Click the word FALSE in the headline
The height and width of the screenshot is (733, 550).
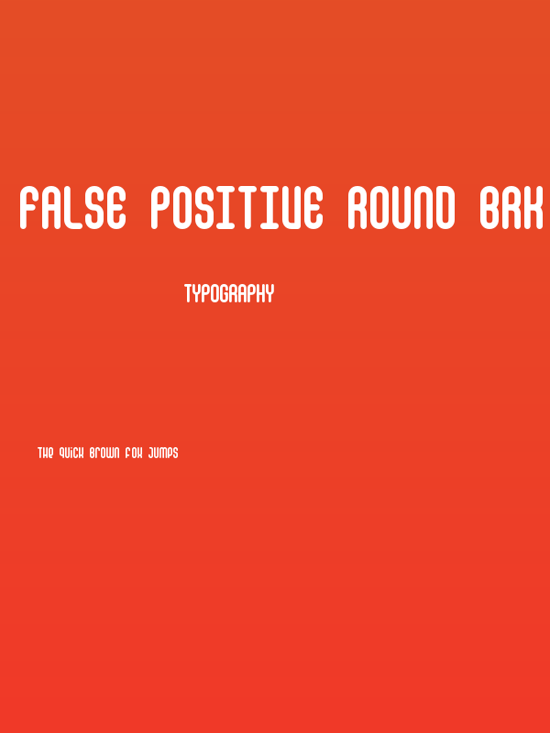click(71, 208)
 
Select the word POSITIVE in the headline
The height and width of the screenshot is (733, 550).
click(236, 208)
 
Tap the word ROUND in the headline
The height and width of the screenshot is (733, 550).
click(401, 208)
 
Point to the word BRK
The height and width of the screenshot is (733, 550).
click(513, 208)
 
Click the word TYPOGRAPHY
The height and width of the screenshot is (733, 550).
click(229, 294)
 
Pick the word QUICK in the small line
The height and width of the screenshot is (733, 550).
click(71, 453)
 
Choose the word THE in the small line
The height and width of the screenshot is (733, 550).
click(46, 453)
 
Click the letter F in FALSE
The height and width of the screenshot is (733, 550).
click(30, 208)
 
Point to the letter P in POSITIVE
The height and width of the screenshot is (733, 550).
click(160, 208)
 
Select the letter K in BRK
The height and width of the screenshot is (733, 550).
click(534, 208)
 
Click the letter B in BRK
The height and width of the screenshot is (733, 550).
click(489, 208)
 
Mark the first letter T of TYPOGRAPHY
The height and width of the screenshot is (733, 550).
click(188, 294)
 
